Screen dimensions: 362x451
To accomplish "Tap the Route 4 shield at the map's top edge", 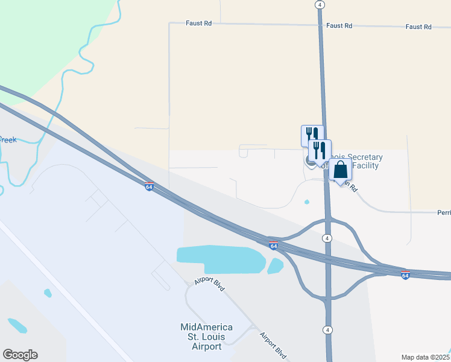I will pos(320,4).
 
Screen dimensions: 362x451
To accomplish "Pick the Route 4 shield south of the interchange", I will pos(327,329).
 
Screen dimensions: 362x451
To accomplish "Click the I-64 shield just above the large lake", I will pos(273,246).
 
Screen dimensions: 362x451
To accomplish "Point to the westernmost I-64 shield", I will pos(149,186).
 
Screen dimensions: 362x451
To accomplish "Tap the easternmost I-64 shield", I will pos(405,275).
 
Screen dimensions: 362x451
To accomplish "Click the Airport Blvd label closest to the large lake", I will pos(210,285).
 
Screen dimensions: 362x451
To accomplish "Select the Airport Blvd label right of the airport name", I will pos(272,345).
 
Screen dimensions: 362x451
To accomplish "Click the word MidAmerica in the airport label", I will pos(207,327).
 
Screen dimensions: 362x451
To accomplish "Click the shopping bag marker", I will pos(341,171).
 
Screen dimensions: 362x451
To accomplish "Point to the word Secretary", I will pos(359,157).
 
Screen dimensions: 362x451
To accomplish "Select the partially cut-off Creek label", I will pos(8,140).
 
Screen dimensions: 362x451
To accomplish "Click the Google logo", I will pos(20,355).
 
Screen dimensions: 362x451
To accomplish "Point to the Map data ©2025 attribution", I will pos(425,357).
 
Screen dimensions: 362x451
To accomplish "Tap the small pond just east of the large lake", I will pos(275,265).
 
